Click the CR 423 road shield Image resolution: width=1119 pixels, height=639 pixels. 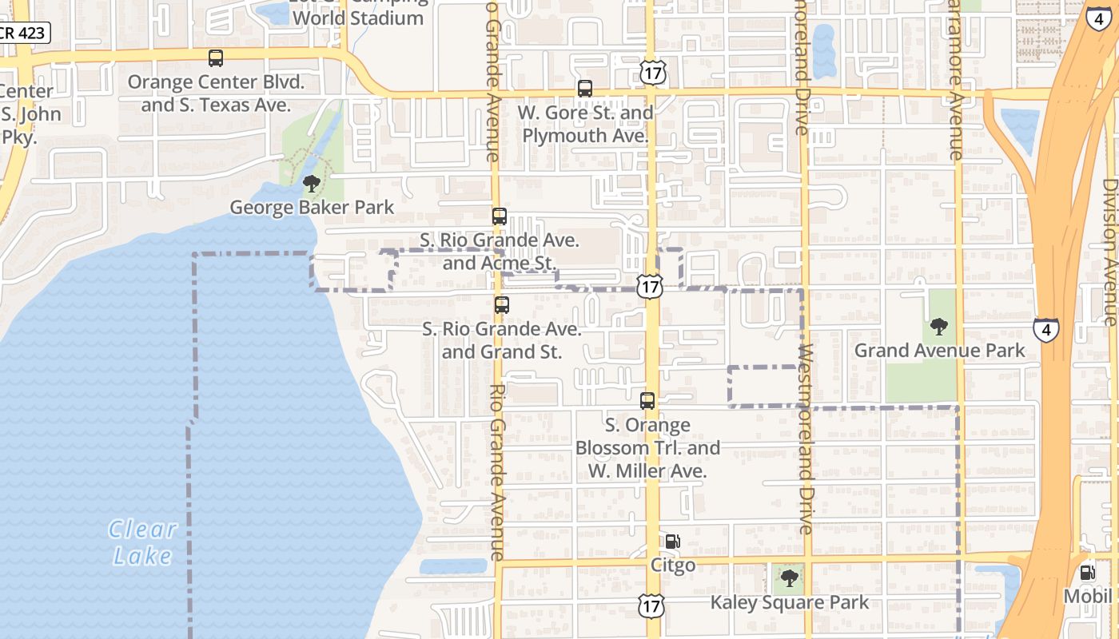click(24, 33)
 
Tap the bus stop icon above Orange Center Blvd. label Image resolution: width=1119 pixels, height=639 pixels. click(216, 58)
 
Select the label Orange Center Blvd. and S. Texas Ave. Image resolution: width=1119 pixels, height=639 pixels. click(217, 93)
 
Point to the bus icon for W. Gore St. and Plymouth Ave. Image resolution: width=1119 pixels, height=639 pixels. click(585, 89)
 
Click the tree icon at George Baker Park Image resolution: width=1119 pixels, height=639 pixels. click(312, 185)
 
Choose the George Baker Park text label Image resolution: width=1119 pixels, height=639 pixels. click(312, 208)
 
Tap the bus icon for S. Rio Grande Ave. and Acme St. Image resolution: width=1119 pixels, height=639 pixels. click(500, 216)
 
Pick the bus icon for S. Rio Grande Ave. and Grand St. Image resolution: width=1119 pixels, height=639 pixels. click(501, 305)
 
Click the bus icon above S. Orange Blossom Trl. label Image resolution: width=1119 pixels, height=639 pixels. click(647, 401)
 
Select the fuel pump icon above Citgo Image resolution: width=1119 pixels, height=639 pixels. click(673, 542)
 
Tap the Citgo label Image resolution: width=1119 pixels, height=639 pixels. click(673, 566)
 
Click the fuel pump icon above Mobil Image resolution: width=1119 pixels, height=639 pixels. click(1087, 573)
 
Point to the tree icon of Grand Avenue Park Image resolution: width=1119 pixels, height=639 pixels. click(939, 327)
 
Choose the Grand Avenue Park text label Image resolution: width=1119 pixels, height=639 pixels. click(939, 351)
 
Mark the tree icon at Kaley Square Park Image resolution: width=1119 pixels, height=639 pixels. click(790, 577)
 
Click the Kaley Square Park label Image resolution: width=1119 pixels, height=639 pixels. click(790, 602)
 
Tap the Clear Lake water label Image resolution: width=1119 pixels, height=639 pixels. click(143, 542)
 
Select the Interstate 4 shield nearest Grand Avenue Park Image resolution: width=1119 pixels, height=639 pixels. click(1046, 329)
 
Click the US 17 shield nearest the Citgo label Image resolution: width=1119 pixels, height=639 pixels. click(652, 605)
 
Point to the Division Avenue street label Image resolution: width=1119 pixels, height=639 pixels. click(1109, 252)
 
